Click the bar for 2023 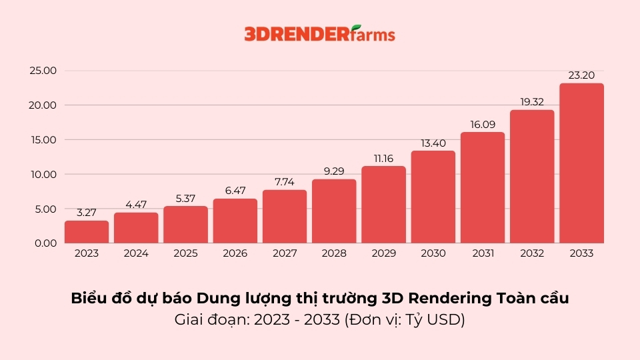[x=87, y=232]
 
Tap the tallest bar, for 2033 [x=581, y=163]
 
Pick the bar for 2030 [x=433, y=197]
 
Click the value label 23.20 [x=581, y=75]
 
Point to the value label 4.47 [x=136, y=205]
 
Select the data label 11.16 [x=383, y=158]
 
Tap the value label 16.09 [x=483, y=124]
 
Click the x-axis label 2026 [x=235, y=254]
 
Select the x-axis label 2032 [x=532, y=254]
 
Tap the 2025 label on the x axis [x=185, y=254]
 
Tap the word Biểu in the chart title [x=87, y=299]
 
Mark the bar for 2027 [x=285, y=217]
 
